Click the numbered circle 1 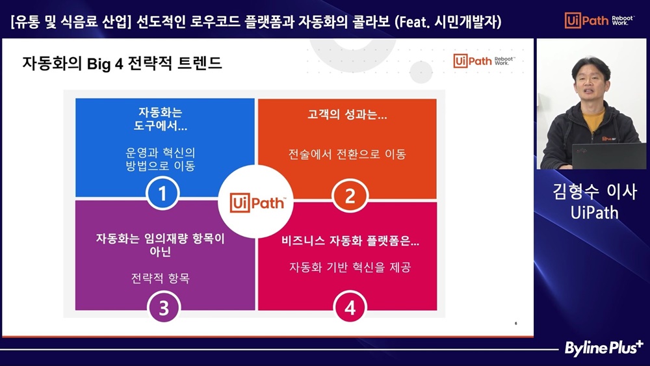pyautogui.click(x=162, y=193)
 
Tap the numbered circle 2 pyautogui.click(x=350, y=196)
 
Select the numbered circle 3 pyautogui.click(x=164, y=307)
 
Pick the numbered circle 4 pyautogui.click(x=350, y=307)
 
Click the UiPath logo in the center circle pyautogui.click(x=257, y=203)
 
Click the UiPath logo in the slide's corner pyautogui.click(x=484, y=61)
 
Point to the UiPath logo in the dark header pyautogui.click(x=599, y=20)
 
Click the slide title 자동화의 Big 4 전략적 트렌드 pyautogui.click(x=122, y=64)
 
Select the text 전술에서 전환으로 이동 pyautogui.click(x=347, y=154)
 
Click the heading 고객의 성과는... pyautogui.click(x=347, y=114)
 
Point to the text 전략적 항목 pyautogui.click(x=161, y=278)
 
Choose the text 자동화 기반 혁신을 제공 pyautogui.click(x=350, y=267)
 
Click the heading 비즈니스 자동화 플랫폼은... pyautogui.click(x=350, y=241)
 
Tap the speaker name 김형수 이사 pyautogui.click(x=595, y=191)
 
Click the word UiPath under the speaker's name pyautogui.click(x=595, y=213)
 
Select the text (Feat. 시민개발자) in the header pyautogui.click(x=448, y=21)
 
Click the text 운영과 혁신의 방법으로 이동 pyautogui.click(x=161, y=159)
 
